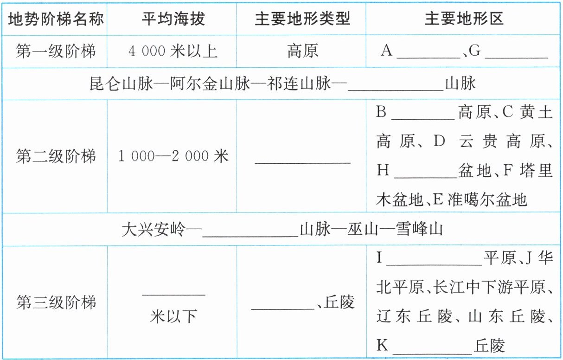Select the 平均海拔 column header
[173, 19]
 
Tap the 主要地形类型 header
[302, 19]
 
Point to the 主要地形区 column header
[464, 19]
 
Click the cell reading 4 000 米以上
[173, 51]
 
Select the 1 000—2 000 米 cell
[173, 157]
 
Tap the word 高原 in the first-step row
[302, 51]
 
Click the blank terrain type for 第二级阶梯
[302, 160]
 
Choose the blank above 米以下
[173, 292]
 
